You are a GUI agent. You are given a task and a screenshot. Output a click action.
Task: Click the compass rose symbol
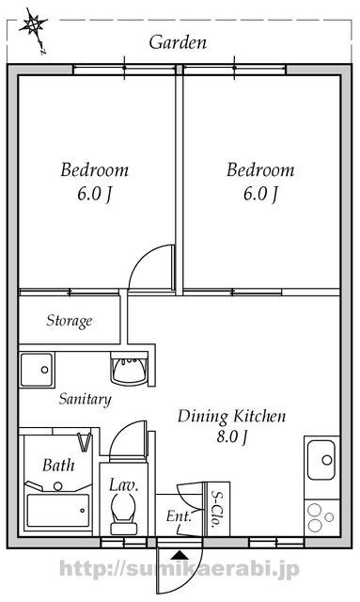pos(34,27)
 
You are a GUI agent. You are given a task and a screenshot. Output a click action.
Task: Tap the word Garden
pos(178,42)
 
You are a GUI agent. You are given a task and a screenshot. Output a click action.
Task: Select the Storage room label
pos(70,321)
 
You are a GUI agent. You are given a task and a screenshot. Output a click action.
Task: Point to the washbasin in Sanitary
pos(130,369)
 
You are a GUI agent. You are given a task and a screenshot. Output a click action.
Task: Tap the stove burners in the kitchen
pos(321,517)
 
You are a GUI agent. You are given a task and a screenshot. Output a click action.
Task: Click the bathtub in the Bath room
pos(58,510)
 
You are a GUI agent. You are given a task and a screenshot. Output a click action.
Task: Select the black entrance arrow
pos(180,555)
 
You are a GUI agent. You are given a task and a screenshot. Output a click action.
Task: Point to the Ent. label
pos(179,516)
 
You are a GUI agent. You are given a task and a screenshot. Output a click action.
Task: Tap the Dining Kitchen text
pos(232,417)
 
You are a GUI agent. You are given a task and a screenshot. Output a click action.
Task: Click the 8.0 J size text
pos(232,436)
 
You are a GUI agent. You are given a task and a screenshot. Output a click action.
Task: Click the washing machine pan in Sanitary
pos(37,370)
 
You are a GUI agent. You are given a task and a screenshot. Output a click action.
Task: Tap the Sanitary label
pos(85,399)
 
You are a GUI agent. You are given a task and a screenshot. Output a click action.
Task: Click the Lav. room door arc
pos(119,433)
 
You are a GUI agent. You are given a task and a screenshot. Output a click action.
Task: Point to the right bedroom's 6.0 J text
pos(260,194)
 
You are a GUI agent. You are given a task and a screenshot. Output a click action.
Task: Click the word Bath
pos(58,466)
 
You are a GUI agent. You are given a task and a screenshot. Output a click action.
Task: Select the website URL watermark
pos(180,570)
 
